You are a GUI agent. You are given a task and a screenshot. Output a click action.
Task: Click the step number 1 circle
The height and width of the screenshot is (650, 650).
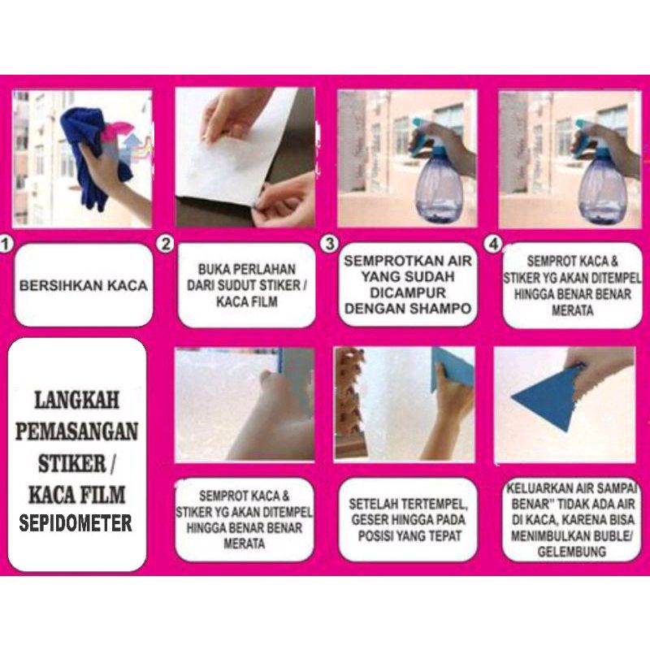(x=5, y=245)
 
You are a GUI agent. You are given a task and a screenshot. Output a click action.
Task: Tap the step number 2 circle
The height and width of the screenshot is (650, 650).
(x=166, y=245)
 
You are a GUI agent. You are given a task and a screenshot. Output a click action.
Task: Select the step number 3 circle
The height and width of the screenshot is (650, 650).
(x=330, y=244)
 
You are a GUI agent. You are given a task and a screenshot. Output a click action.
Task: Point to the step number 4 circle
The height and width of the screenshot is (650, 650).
(x=493, y=245)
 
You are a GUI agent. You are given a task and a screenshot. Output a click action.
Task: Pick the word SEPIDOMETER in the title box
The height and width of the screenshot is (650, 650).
(x=76, y=523)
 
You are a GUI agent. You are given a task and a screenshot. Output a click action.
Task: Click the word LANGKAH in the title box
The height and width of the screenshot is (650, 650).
(x=76, y=400)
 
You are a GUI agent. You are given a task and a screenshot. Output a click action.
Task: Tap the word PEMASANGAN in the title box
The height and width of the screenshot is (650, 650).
(x=76, y=431)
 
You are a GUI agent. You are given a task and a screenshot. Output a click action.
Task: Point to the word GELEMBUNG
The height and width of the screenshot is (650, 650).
(x=572, y=552)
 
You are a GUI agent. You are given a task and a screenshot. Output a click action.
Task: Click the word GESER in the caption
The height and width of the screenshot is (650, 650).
(x=367, y=520)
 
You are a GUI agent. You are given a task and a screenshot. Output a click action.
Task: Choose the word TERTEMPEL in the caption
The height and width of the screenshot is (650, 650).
(x=432, y=504)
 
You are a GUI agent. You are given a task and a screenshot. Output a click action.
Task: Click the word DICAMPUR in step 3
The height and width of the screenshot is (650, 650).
(x=408, y=292)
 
